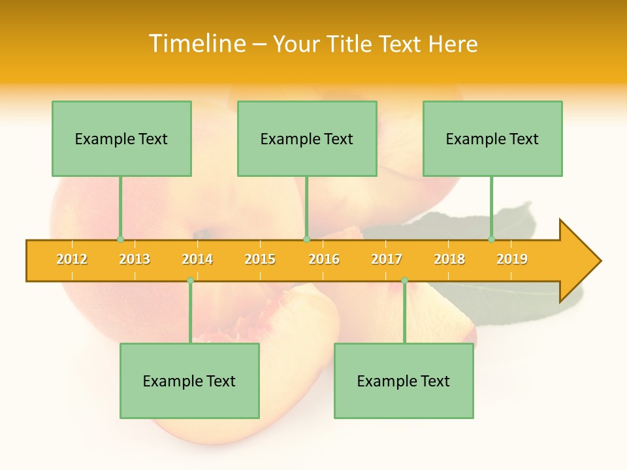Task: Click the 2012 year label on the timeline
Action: [72, 259]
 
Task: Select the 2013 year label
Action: [135, 259]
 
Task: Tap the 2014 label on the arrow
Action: [197, 259]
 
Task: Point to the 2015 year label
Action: [260, 259]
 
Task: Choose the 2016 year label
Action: [324, 259]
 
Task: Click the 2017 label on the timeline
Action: [387, 259]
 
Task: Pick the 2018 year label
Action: [449, 259]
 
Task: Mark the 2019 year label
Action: [512, 259]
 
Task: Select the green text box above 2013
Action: [121, 139]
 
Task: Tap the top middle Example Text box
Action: [307, 139]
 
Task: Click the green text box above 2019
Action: [492, 139]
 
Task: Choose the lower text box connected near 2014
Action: [189, 381]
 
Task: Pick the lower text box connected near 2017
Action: [404, 381]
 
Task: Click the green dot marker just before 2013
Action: [120, 240]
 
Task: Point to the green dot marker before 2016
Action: [306, 240]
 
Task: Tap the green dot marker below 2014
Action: [190, 280]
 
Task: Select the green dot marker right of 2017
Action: [404, 280]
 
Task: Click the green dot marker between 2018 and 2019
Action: [492, 240]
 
